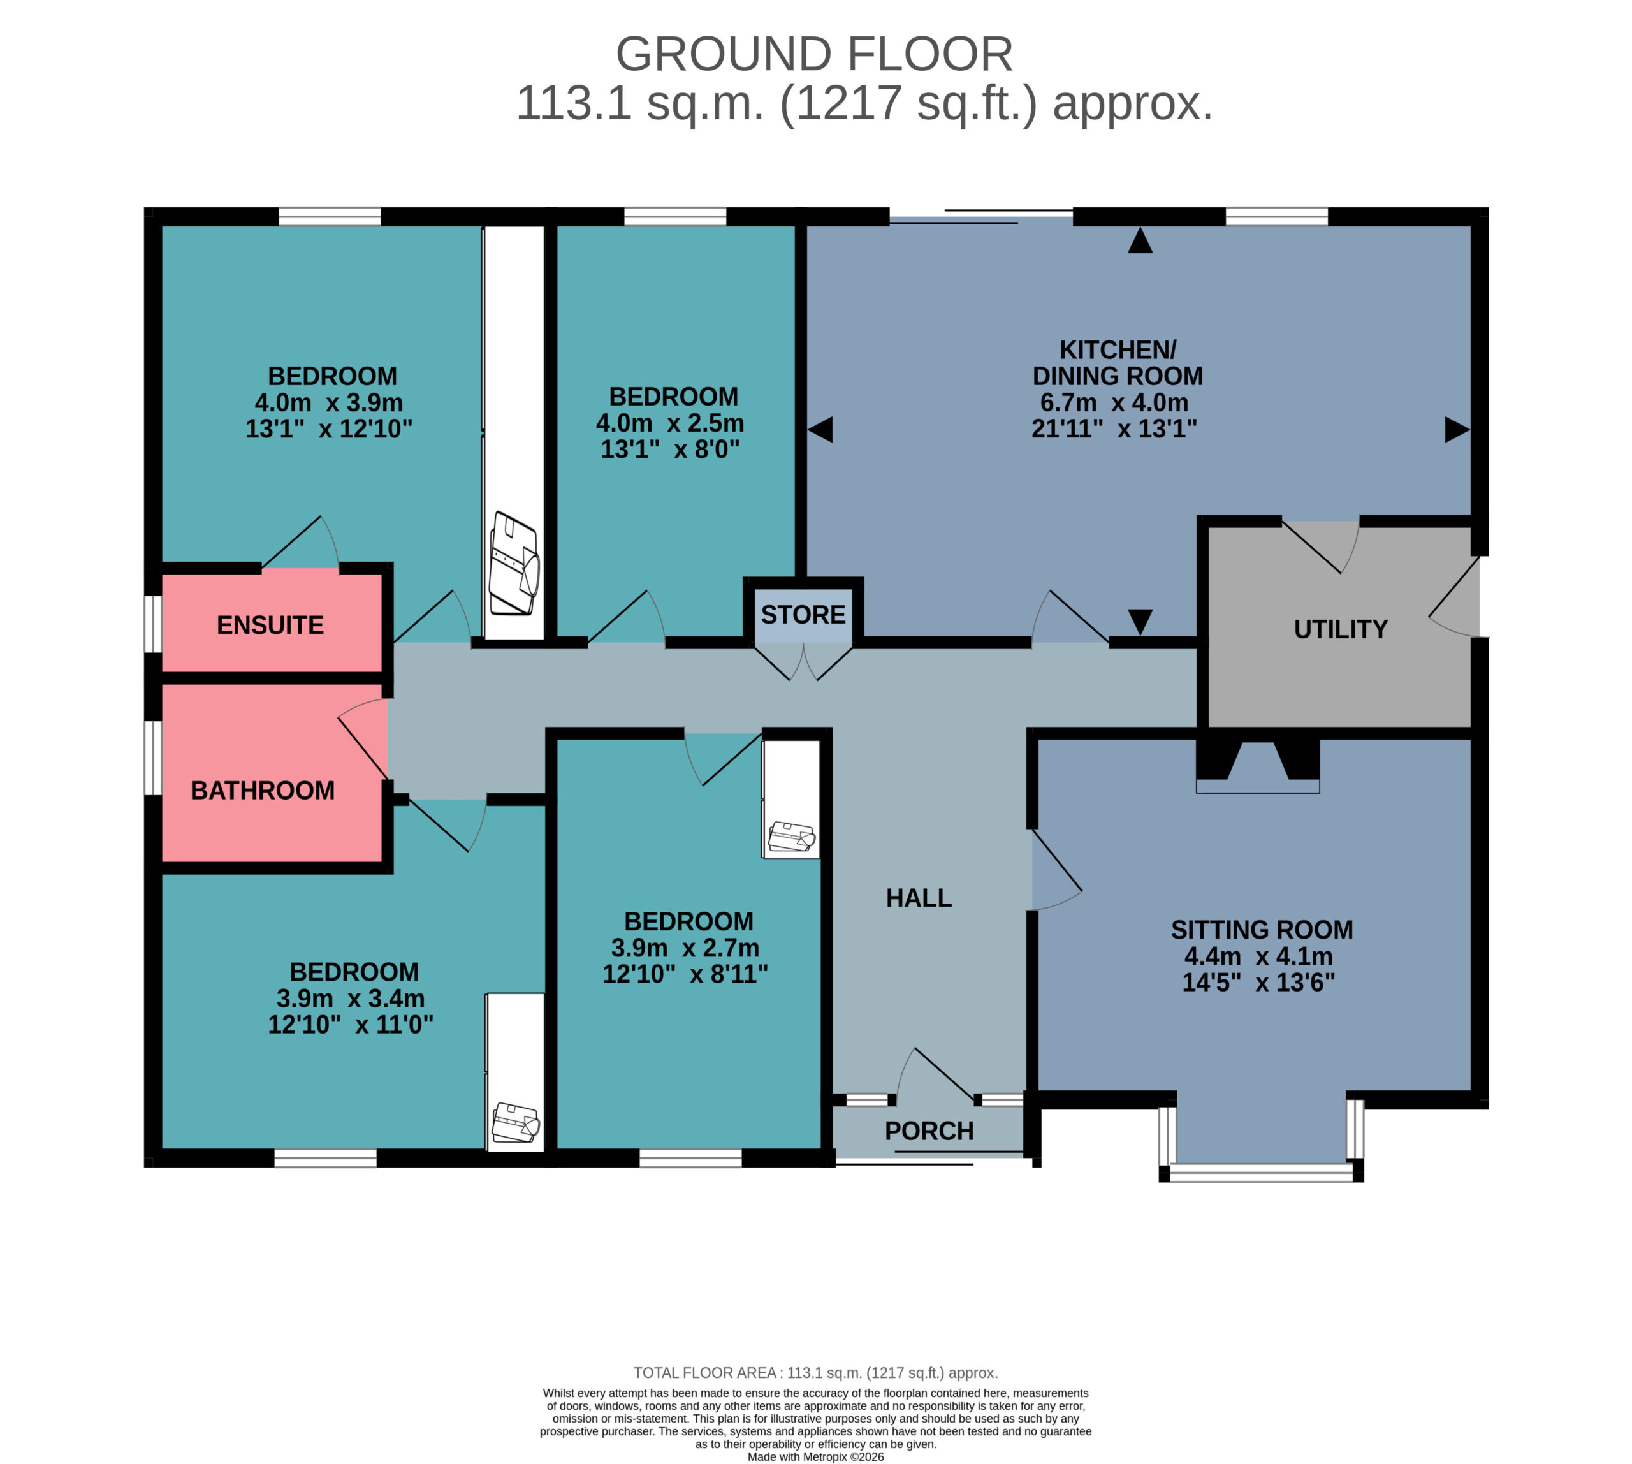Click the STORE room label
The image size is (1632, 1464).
coord(803,615)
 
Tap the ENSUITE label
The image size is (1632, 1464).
coord(270,625)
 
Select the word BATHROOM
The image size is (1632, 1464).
coord(262,791)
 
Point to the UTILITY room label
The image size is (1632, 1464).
coord(1341,629)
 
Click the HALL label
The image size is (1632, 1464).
coord(919,898)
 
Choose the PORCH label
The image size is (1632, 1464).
coord(929,1131)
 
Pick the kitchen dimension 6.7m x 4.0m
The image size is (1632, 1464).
coord(1114,402)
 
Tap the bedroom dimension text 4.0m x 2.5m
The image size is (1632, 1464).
coord(670,423)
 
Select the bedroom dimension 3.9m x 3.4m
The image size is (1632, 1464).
coord(351,999)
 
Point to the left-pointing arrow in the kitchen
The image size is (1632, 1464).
coord(820,430)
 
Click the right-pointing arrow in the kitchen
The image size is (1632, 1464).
coord(1457,430)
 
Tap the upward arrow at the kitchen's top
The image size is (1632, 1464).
coord(1140,240)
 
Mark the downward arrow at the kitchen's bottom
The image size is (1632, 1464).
coord(1140,622)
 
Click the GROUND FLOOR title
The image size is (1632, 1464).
coord(814,55)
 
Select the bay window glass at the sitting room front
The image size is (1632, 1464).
coord(1261,1172)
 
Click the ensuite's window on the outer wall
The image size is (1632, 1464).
coord(153,624)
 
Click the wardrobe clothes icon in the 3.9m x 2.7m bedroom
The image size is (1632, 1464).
coord(792,837)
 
